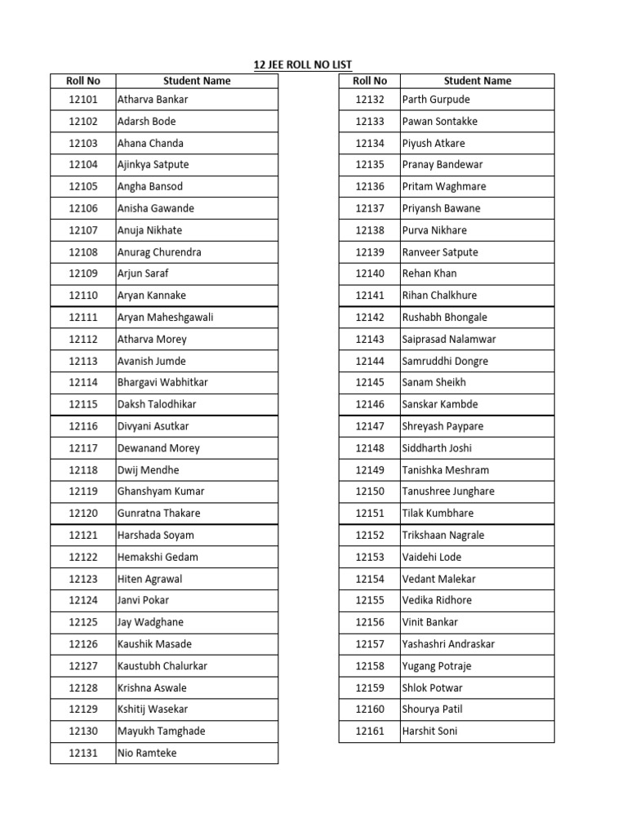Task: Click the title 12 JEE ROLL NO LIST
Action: click(302, 64)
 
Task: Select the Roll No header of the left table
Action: click(82, 81)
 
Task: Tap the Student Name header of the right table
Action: click(478, 81)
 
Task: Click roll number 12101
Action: click(82, 100)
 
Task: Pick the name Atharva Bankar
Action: click(153, 100)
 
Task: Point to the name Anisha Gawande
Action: click(156, 208)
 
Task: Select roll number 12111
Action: click(82, 318)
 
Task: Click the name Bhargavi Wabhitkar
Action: click(162, 383)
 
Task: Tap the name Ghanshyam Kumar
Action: click(161, 491)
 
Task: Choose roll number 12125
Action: click(82, 622)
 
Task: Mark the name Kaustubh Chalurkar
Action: click(162, 666)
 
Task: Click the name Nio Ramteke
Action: click(147, 754)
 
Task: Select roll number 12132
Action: click(370, 100)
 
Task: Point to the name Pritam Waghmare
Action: click(444, 186)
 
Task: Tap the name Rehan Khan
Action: click(429, 273)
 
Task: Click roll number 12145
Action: click(370, 383)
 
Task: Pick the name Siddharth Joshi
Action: click(437, 448)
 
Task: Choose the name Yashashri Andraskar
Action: click(448, 644)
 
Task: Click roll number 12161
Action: click(370, 731)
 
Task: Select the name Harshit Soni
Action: click(429, 731)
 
